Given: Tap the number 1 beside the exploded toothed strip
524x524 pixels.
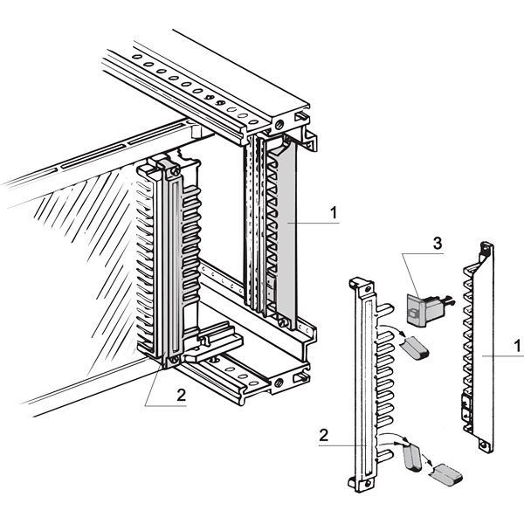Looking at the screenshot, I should pos(518,347).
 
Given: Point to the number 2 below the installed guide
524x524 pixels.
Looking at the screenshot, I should pos(182,394).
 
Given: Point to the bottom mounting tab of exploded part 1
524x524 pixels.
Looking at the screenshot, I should pos(483,444).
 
